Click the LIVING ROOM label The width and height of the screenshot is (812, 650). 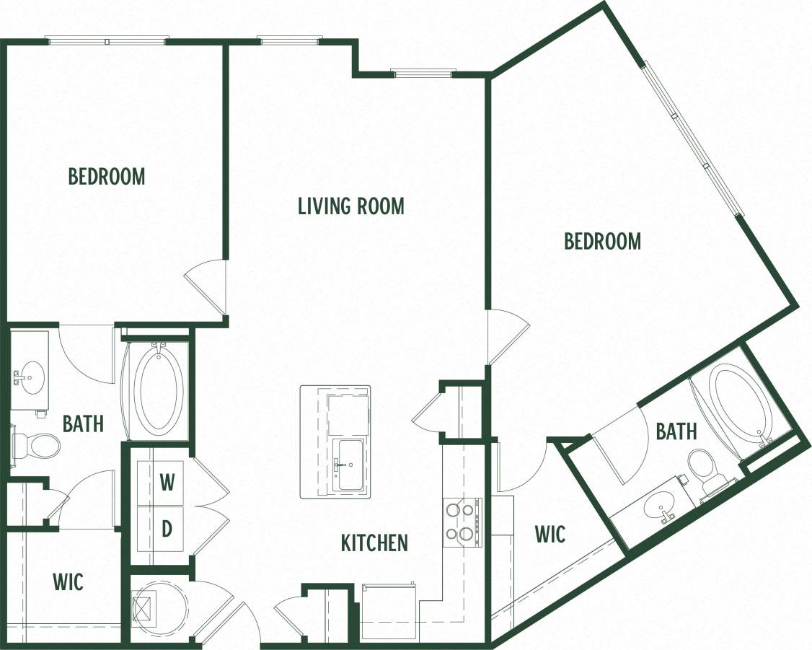click(351, 206)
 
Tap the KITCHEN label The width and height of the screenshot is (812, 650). click(374, 543)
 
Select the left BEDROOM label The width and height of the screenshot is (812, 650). click(107, 176)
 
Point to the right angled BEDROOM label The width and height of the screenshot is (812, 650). click(602, 241)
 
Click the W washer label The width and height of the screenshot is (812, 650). click(167, 483)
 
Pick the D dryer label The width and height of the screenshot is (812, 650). click(167, 529)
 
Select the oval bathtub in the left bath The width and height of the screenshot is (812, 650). click(156, 390)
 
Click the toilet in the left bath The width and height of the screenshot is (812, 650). click(39, 445)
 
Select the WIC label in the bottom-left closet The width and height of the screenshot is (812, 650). click(68, 581)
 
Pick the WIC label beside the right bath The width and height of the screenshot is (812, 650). click(550, 534)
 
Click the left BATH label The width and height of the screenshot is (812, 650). click(83, 423)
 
